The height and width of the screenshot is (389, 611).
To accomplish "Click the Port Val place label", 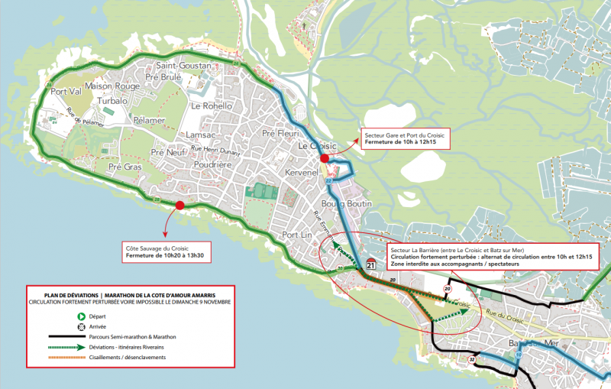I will (x=66, y=92).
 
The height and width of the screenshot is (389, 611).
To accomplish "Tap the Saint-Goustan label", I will (x=183, y=66).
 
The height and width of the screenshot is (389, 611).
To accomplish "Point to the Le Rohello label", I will (x=212, y=105).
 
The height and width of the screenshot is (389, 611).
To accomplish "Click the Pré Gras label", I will (x=124, y=167).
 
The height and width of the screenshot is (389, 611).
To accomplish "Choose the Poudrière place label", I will (x=212, y=164).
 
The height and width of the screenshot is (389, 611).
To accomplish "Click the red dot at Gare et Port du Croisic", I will (x=325, y=158).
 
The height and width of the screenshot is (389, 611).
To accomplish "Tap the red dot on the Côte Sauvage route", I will (x=179, y=205).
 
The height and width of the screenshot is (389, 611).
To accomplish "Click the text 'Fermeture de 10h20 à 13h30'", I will (x=167, y=254).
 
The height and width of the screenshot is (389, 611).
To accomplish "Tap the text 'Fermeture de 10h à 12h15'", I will (x=402, y=142).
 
